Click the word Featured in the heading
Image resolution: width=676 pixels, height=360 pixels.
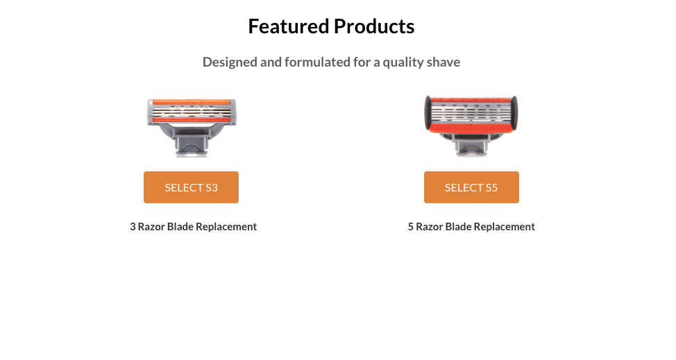coord(289,26)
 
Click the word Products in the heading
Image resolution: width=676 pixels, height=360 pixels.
coord(374,26)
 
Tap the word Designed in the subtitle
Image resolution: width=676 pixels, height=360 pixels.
coord(230,62)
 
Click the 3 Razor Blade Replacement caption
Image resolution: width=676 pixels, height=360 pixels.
coord(193,227)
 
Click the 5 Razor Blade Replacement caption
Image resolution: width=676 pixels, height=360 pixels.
coord(471,227)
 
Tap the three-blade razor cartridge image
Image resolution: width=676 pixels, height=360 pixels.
coord(192,128)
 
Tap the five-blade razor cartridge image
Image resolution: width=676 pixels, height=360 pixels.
coord(471,126)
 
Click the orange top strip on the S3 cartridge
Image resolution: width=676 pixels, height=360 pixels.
coord(192,103)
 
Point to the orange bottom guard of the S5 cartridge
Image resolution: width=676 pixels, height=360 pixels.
coord(471,128)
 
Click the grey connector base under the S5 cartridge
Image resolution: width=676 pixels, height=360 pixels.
coord(471,144)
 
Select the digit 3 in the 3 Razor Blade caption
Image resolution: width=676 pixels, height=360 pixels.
coord(133,227)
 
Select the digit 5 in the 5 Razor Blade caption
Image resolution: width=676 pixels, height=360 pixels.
coord(411,227)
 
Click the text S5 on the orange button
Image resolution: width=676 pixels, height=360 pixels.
coord(491,188)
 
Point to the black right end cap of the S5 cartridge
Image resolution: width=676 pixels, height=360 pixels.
coord(514,113)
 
